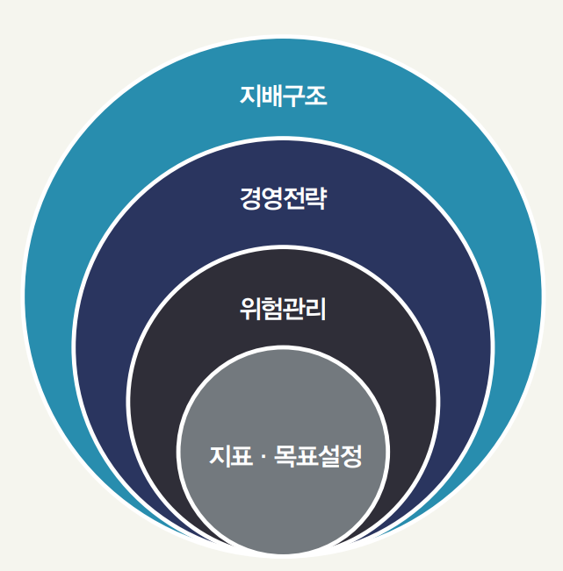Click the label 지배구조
[283, 95]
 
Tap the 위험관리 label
[283, 309]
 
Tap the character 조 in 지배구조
[316, 95]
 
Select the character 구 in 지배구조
[294, 95]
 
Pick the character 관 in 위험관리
[294, 309]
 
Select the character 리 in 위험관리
[316, 309]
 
